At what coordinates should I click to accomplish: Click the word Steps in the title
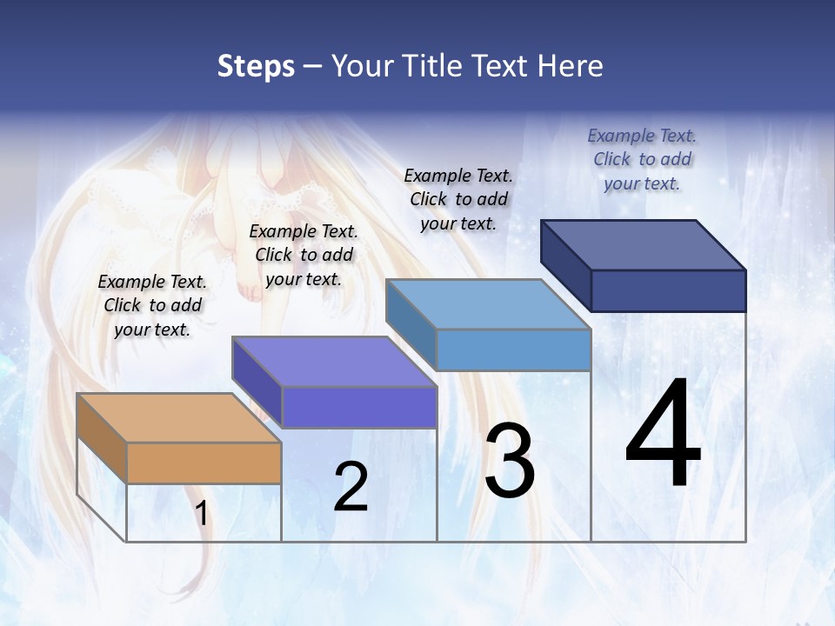(x=256, y=66)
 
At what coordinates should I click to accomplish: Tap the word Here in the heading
(x=569, y=66)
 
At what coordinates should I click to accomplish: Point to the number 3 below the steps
(x=510, y=461)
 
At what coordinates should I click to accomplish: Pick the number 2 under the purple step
(x=351, y=487)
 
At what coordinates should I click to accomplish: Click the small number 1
(x=202, y=514)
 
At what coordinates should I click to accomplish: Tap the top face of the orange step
(x=178, y=417)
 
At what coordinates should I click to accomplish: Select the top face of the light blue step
(x=487, y=304)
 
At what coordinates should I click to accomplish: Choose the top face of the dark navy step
(x=642, y=244)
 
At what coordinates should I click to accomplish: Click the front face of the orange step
(x=204, y=463)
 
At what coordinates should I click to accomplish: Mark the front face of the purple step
(x=359, y=407)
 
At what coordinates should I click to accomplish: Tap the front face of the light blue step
(x=513, y=350)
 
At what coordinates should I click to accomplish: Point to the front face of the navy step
(x=668, y=290)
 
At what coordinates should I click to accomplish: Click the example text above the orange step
(x=152, y=305)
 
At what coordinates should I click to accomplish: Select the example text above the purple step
(x=304, y=255)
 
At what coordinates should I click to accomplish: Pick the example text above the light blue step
(x=458, y=199)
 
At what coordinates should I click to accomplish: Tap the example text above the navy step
(x=642, y=159)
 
